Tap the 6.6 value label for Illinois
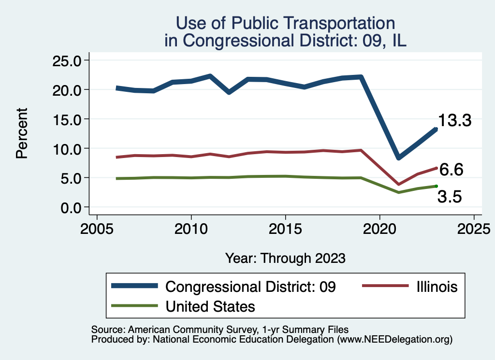451,170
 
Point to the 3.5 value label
450,197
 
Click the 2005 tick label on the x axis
97,227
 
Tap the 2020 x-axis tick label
379,227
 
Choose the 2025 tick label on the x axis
474,227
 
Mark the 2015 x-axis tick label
285,227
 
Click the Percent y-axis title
21,133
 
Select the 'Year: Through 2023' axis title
285,258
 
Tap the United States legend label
210,306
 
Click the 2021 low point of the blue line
398,158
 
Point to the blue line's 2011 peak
210,76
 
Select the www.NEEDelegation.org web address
395,340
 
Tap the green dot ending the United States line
436,186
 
